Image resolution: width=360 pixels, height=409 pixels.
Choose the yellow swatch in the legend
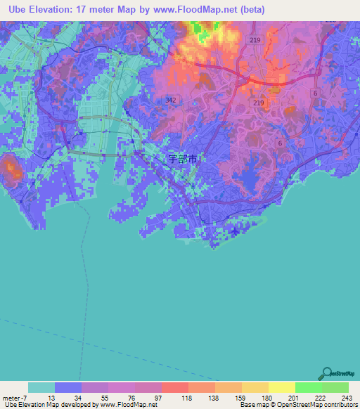281,387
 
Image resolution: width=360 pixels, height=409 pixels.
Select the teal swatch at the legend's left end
41,387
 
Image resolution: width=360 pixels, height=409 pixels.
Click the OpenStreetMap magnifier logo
327,374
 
